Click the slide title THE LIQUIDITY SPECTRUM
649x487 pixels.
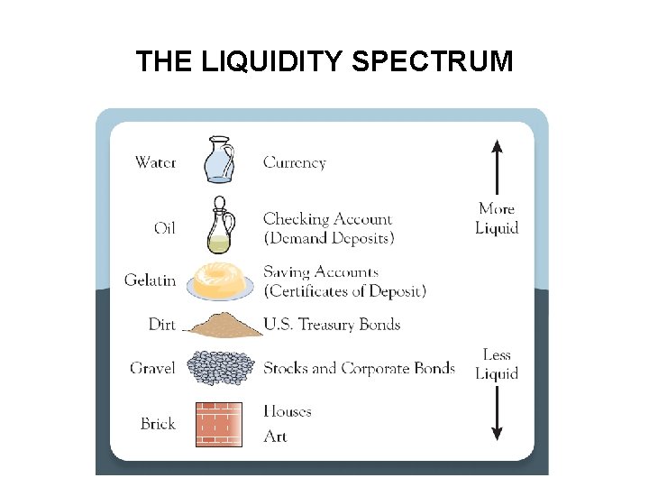tap(324, 61)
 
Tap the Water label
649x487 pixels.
tap(155, 163)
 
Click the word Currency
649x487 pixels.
tap(294, 163)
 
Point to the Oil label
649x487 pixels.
tap(165, 228)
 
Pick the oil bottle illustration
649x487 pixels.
tap(220, 225)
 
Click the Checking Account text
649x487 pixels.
tap(328, 219)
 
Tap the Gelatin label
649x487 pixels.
tap(151, 280)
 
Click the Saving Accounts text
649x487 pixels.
tap(321, 272)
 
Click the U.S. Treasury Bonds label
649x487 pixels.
tap(332, 324)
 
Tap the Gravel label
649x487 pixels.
tap(152, 368)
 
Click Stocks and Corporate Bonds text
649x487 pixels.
tap(359, 368)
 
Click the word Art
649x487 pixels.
tap(275, 436)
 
